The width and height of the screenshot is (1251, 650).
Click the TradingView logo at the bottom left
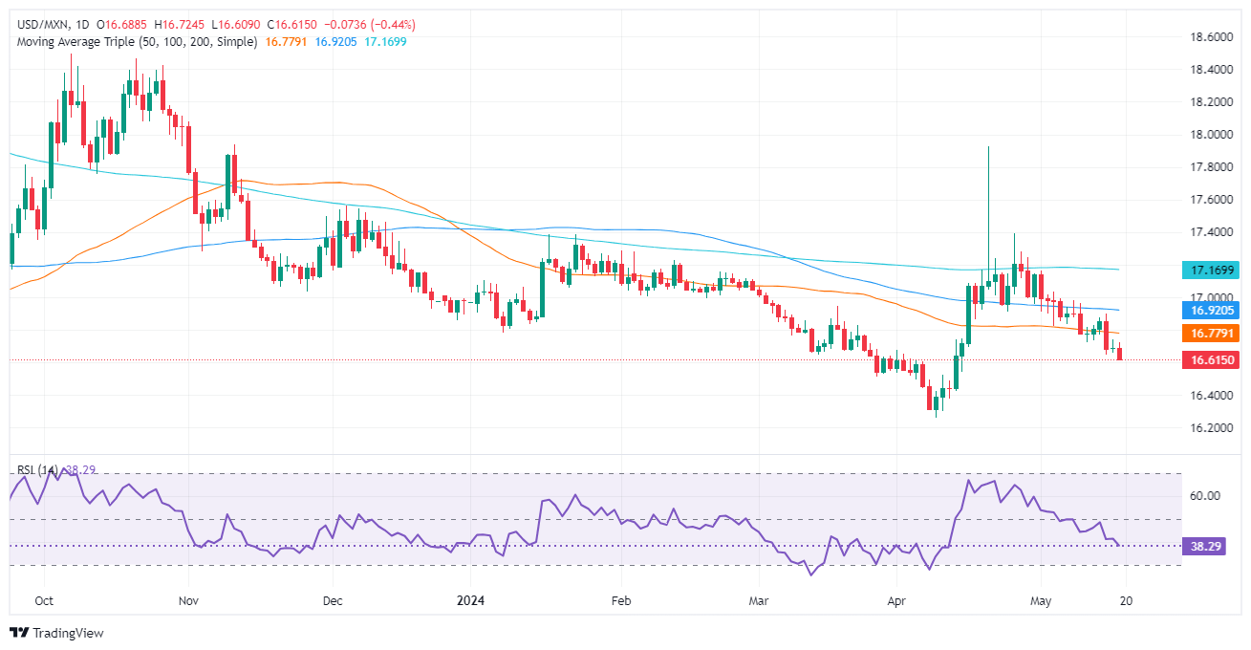(56, 633)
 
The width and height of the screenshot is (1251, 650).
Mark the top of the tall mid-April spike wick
(987, 147)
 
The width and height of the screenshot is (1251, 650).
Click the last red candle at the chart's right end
(1120, 354)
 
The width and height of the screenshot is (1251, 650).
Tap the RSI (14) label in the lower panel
(36, 470)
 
